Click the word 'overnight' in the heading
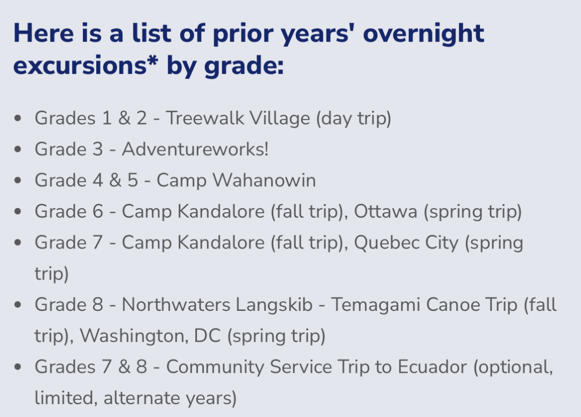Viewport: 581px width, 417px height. [x=423, y=34]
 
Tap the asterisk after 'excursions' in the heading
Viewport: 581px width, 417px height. [x=152, y=60]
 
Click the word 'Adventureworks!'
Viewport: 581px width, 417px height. [x=195, y=149]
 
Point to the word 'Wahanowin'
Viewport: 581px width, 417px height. [x=264, y=180]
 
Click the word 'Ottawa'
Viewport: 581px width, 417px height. [x=385, y=212]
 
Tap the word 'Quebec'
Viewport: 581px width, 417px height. [x=386, y=242]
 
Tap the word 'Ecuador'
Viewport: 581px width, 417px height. [x=432, y=367]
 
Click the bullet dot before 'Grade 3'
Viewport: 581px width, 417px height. [x=17, y=149]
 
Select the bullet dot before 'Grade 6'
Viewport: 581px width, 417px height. [x=17, y=212]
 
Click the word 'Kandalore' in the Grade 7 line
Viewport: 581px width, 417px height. [x=221, y=242]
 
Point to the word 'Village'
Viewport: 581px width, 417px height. [x=280, y=119]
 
